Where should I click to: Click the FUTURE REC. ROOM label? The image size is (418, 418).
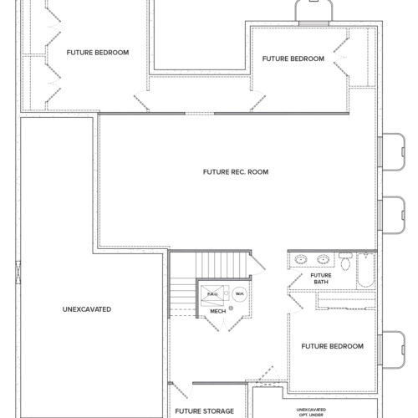point(236,172)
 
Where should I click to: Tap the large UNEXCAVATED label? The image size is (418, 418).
point(87,309)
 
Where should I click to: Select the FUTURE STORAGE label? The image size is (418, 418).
point(205,411)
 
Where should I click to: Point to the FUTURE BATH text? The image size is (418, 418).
point(321,278)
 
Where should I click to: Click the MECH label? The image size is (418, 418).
point(217,311)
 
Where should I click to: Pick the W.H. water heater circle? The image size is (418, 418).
point(239,294)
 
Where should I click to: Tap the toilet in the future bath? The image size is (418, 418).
point(345,262)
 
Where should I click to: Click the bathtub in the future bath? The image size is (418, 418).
point(365,270)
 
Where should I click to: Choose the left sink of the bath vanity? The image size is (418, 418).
point(301,259)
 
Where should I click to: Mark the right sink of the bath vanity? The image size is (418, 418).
point(323,259)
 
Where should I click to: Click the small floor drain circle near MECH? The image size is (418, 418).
point(231,308)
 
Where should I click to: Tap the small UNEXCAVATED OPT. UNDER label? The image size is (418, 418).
point(311,412)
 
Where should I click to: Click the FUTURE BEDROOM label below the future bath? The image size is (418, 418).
point(333,346)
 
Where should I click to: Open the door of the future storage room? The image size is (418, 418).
point(181,390)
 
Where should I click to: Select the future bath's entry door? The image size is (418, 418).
point(295,282)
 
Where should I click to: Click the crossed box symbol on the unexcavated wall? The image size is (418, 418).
point(18,273)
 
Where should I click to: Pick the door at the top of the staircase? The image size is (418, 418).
point(257,263)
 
